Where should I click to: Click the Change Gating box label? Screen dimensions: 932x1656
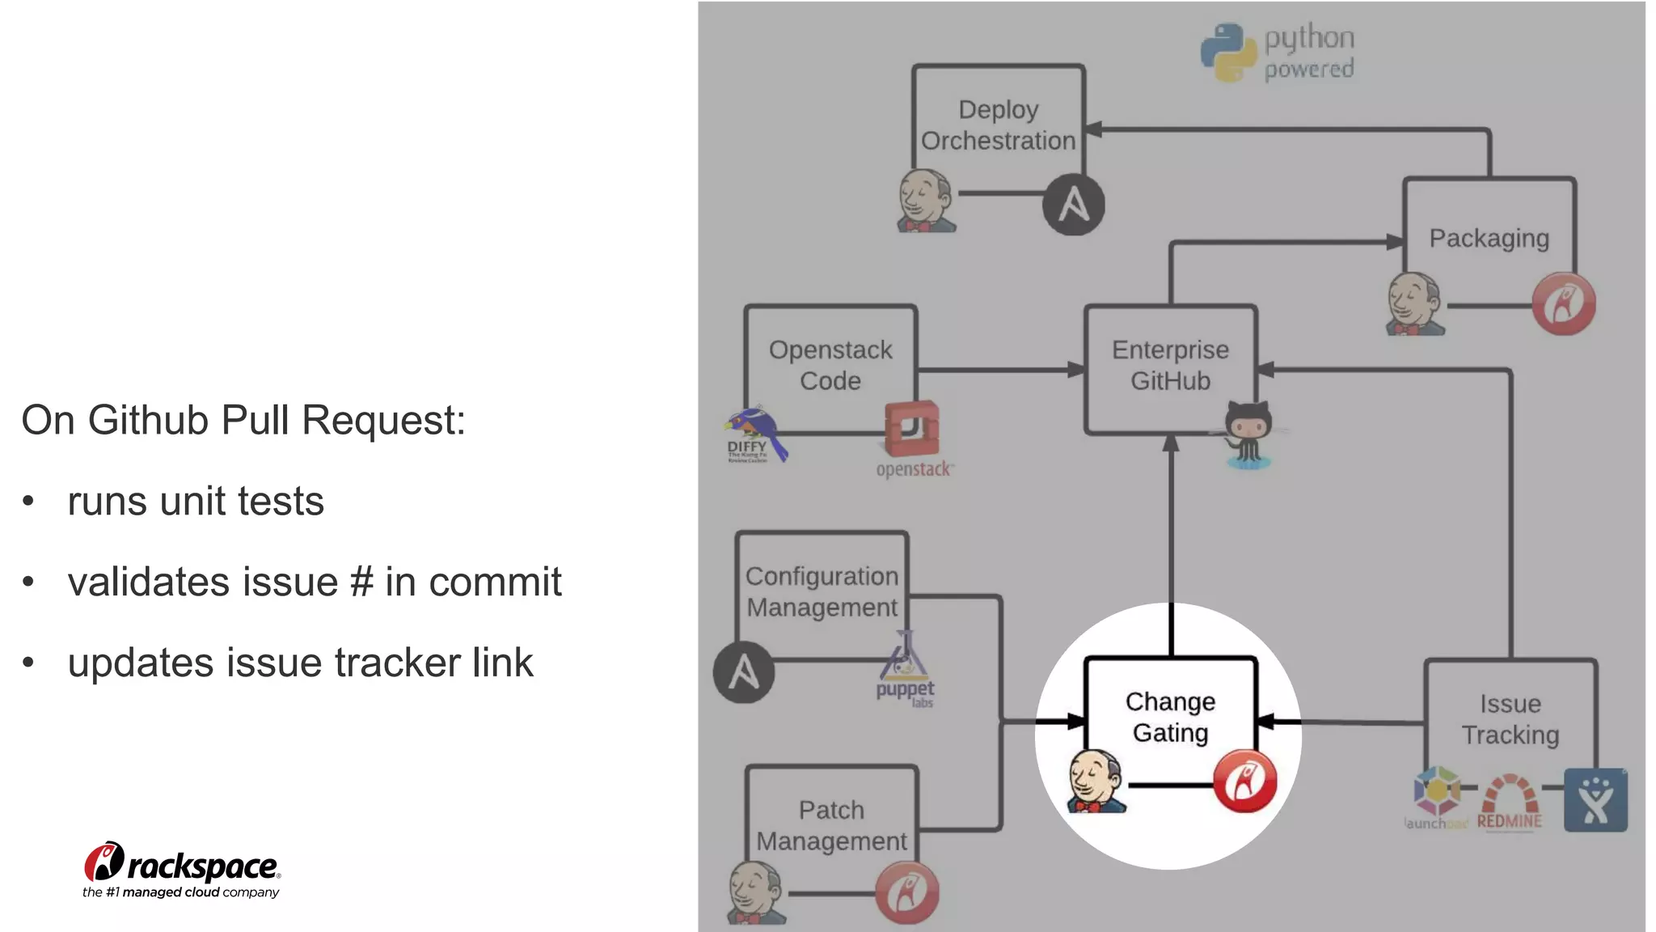pos(1170,717)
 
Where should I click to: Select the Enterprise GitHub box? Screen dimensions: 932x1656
pos(1170,366)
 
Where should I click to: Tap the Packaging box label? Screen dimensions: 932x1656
pos(1489,238)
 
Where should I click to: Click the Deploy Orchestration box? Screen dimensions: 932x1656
pos(998,125)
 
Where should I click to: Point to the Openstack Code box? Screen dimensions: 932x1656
pos(830,366)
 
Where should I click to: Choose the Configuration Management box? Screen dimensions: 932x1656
pos(822,591)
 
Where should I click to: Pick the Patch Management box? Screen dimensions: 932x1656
pos(831,825)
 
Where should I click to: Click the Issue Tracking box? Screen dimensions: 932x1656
pos(1510,719)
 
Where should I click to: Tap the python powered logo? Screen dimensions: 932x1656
pos(1278,52)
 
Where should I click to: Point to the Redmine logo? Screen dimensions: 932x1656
pos(1510,803)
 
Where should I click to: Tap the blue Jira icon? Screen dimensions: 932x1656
pos(1595,800)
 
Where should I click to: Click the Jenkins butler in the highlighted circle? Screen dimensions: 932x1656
pos(1096,782)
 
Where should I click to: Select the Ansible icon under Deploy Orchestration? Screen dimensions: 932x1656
pos(1073,204)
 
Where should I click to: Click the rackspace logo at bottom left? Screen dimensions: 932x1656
pos(182,870)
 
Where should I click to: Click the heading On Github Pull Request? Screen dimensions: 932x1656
pos(243,420)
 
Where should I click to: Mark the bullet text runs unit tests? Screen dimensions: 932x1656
pos(196,501)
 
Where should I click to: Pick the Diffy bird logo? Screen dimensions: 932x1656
pos(756,434)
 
